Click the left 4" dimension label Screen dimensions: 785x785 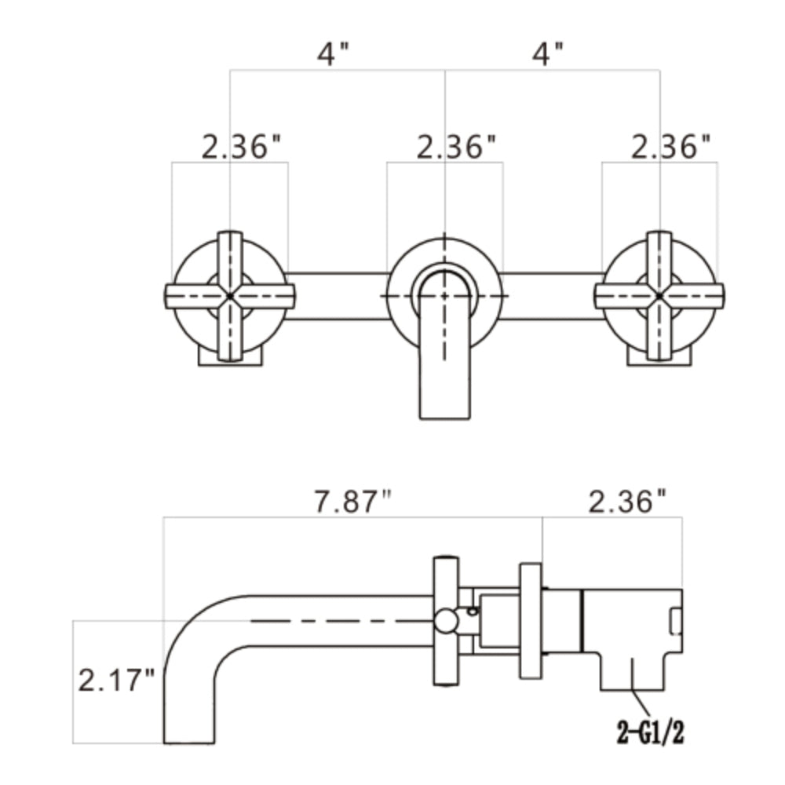334,53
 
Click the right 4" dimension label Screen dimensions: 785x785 548,53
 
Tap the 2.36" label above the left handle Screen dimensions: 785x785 242,148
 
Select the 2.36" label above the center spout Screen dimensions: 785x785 457,148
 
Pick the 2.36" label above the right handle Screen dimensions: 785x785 671,148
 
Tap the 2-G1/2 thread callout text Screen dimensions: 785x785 650,733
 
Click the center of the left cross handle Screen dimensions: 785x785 230,296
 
